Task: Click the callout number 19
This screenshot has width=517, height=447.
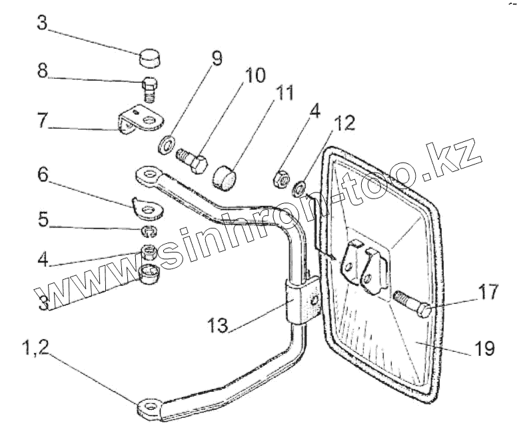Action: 486,348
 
